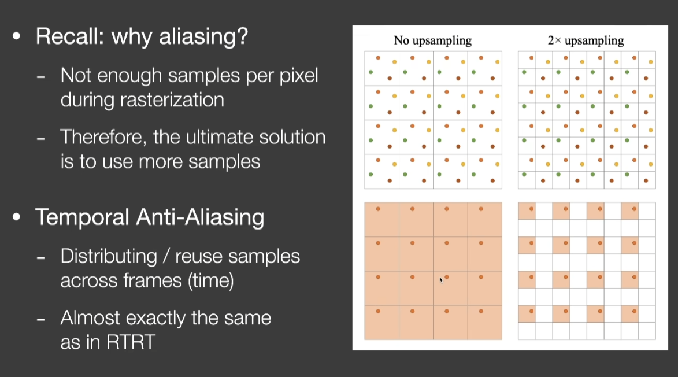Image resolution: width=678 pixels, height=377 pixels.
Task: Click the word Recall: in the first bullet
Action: click(69, 36)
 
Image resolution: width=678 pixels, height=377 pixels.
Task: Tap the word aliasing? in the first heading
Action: click(203, 37)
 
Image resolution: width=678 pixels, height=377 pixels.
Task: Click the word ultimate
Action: click(219, 137)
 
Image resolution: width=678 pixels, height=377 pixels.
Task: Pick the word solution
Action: click(292, 137)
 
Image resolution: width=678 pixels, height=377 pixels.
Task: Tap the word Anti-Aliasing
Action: click(200, 217)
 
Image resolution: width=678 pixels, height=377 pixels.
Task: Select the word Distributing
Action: click(109, 256)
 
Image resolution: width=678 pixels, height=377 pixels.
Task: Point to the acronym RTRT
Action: click(131, 342)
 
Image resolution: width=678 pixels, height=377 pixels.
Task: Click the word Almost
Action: click(88, 318)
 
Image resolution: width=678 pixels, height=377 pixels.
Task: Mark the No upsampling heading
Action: click(432, 40)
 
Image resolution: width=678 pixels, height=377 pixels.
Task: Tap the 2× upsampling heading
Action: click(586, 40)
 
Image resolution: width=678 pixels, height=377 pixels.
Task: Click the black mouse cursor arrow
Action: click(441, 280)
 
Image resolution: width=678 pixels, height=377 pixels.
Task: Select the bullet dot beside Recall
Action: click(16, 36)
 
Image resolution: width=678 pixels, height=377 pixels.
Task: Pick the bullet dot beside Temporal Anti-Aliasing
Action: click(16, 217)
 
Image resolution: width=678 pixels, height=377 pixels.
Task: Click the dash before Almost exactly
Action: click(41, 320)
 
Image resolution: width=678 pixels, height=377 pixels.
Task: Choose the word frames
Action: click(154, 281)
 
